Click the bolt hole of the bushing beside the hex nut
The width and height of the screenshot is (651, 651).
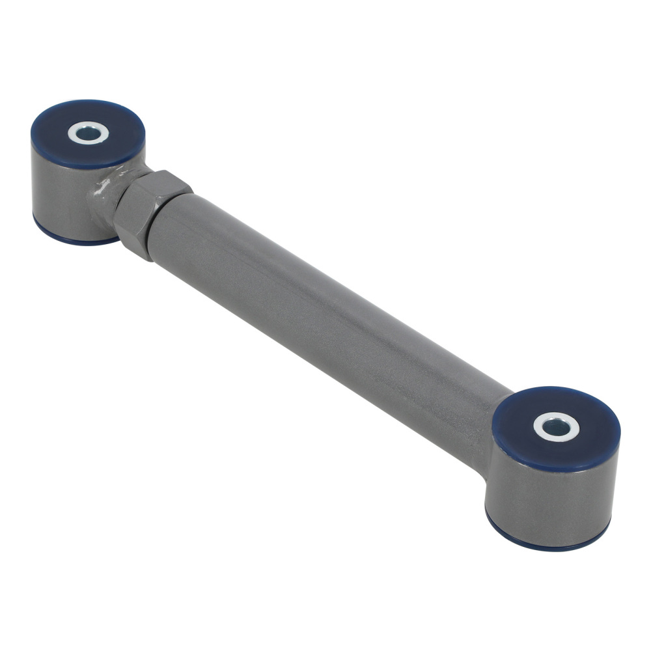[89, 133]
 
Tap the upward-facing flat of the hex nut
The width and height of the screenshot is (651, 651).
[159, 184]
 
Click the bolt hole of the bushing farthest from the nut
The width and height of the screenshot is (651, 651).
[557, 427]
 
